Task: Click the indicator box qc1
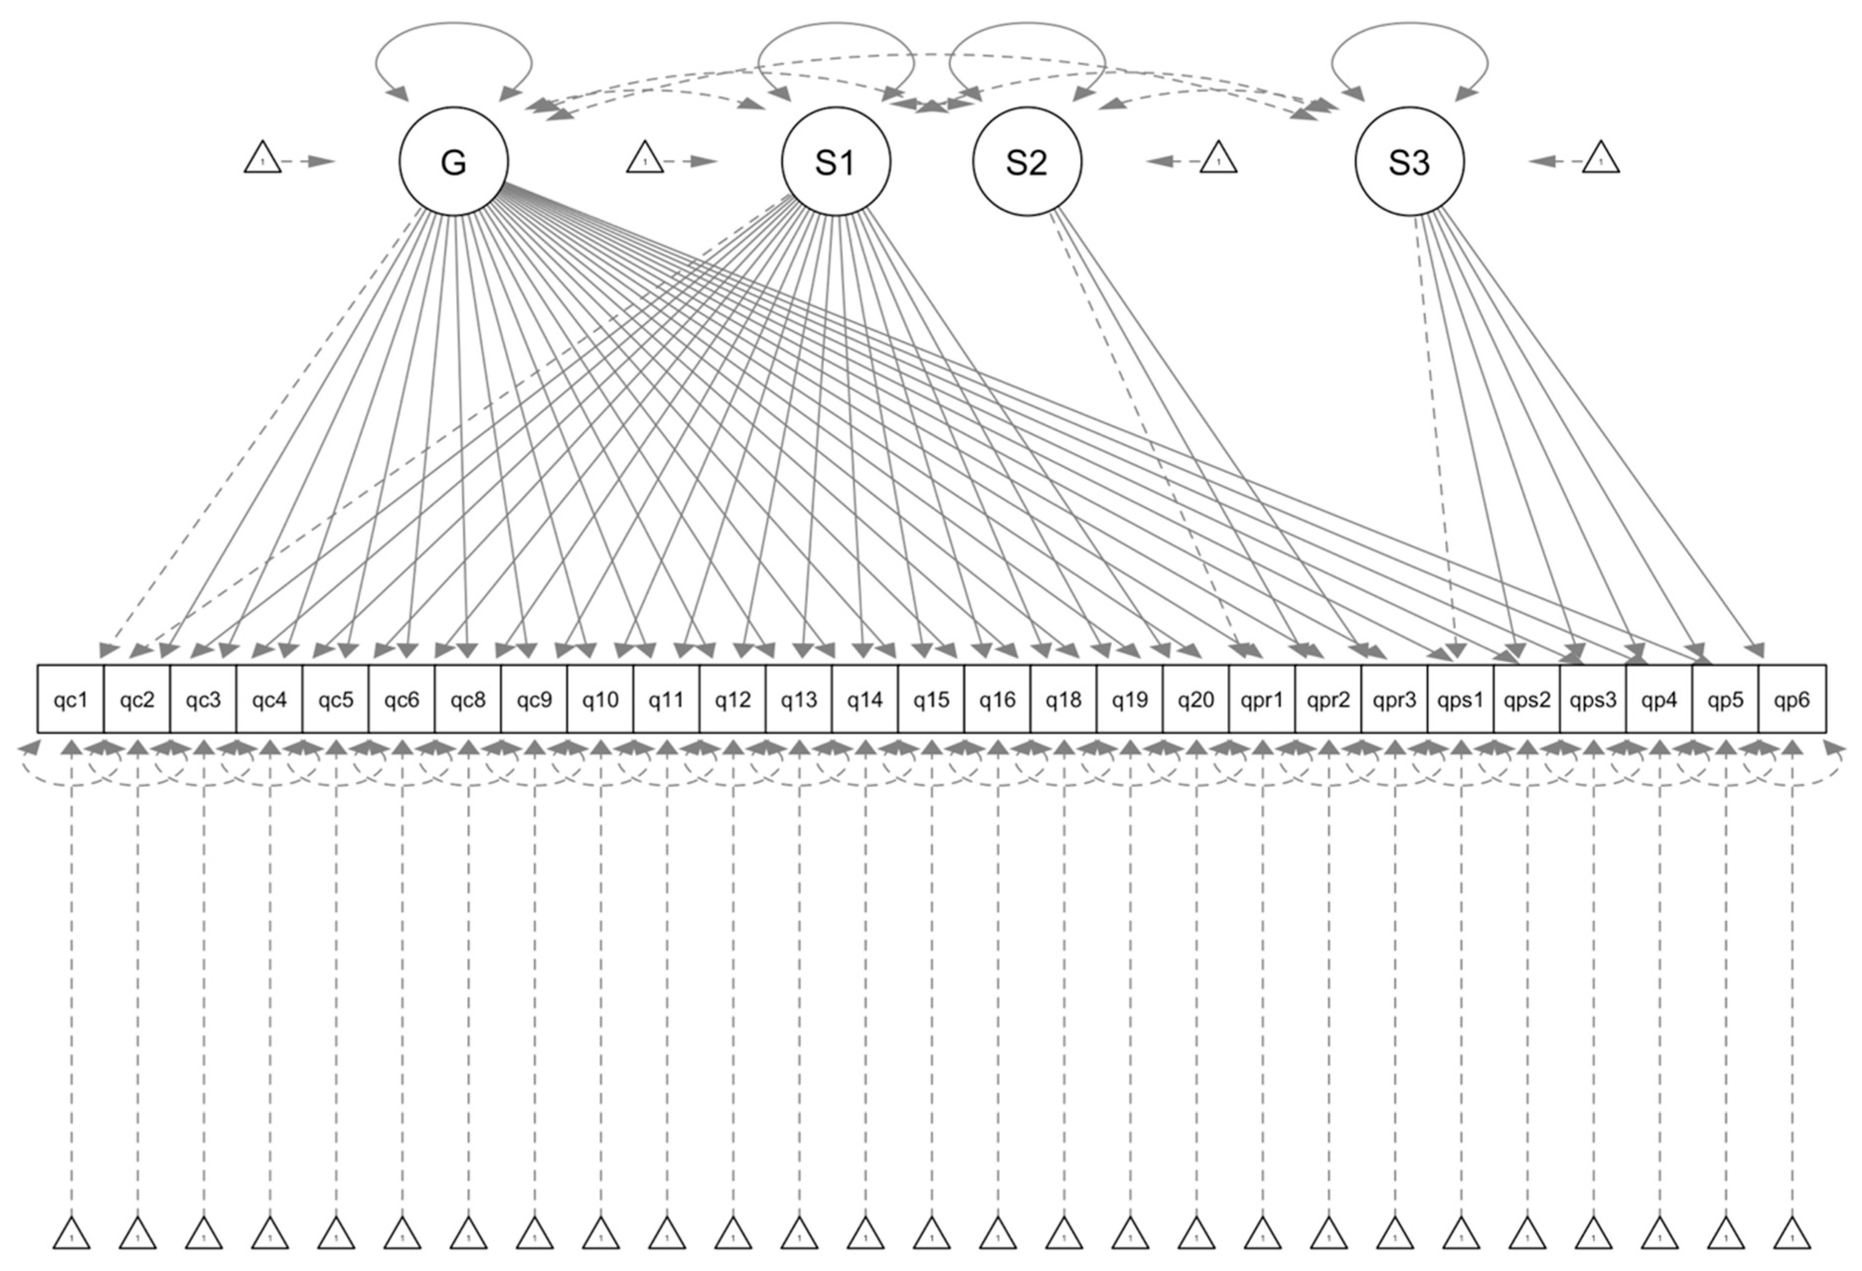click(x=71, y=699)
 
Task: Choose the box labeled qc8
click(x=468, y=699)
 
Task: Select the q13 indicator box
click(x=799, y=699)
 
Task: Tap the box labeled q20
click(x=1195, y=699)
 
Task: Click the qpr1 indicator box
click(x=1262, y=699)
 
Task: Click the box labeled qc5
click(x=336, y=699)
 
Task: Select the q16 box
click(x=997, y=699)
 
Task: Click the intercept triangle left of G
click(x=263, y=158)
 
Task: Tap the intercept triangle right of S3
click(x=1601, y=158)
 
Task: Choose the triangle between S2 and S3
click(x=1219, y=158)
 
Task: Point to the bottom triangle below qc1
click(x=72, y=1256)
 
